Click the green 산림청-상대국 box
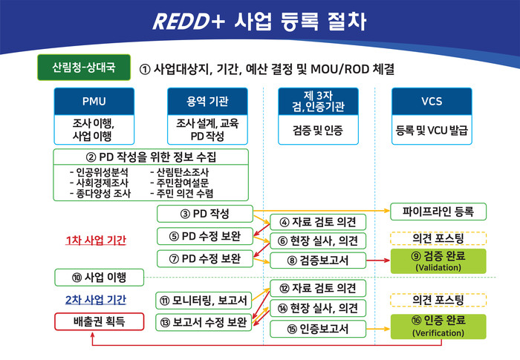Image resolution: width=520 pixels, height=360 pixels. pyautogui.click(x=84, y=68)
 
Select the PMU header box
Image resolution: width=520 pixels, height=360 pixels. pyautogui.click(x=94, y=102)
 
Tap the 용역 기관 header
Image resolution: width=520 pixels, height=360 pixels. pyautogui.click(x=207, y=102)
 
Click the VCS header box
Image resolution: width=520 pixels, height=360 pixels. pyautogui.click(x=432, y=102)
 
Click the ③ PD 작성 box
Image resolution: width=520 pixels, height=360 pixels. pyautogui.click(x=205, y=214)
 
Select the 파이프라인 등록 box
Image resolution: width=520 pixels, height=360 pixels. pyautogui.click(x=438, y=212)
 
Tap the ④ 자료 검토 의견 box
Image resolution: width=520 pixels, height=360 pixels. pyautogui.click(x=318, y=222)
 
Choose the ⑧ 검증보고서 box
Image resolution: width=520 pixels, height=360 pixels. pyautogui.click(x=318, y=261)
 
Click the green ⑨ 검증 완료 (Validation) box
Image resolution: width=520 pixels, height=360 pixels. pyautogui.click(x=438, y=261)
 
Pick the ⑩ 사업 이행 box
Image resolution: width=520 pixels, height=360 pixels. pyautogui.click(x=99, y=278)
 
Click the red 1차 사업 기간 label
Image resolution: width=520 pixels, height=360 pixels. pyautogui.click(x=96, y=240)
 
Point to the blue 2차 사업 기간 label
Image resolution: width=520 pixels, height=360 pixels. pyautogui.click(x=96, y=300)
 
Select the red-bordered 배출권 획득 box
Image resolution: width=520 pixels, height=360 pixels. pyautogui.click(x=99, y=321)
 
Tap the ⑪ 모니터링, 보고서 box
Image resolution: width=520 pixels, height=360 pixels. pyautogui.click(x=204, y=301)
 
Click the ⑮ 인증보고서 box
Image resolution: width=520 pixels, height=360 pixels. pyautogui.click(x=318, y=329)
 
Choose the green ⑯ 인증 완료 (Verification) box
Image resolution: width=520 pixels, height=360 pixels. pyautogui.click(x=438, y=327)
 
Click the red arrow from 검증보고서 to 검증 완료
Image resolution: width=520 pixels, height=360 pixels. pyautogui.click(x=378, y=261)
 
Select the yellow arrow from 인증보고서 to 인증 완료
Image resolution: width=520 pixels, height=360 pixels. pyautogui.click(x=378, y=329)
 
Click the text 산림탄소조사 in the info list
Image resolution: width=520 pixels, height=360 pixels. pyautogui.click(x=180, y=172)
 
